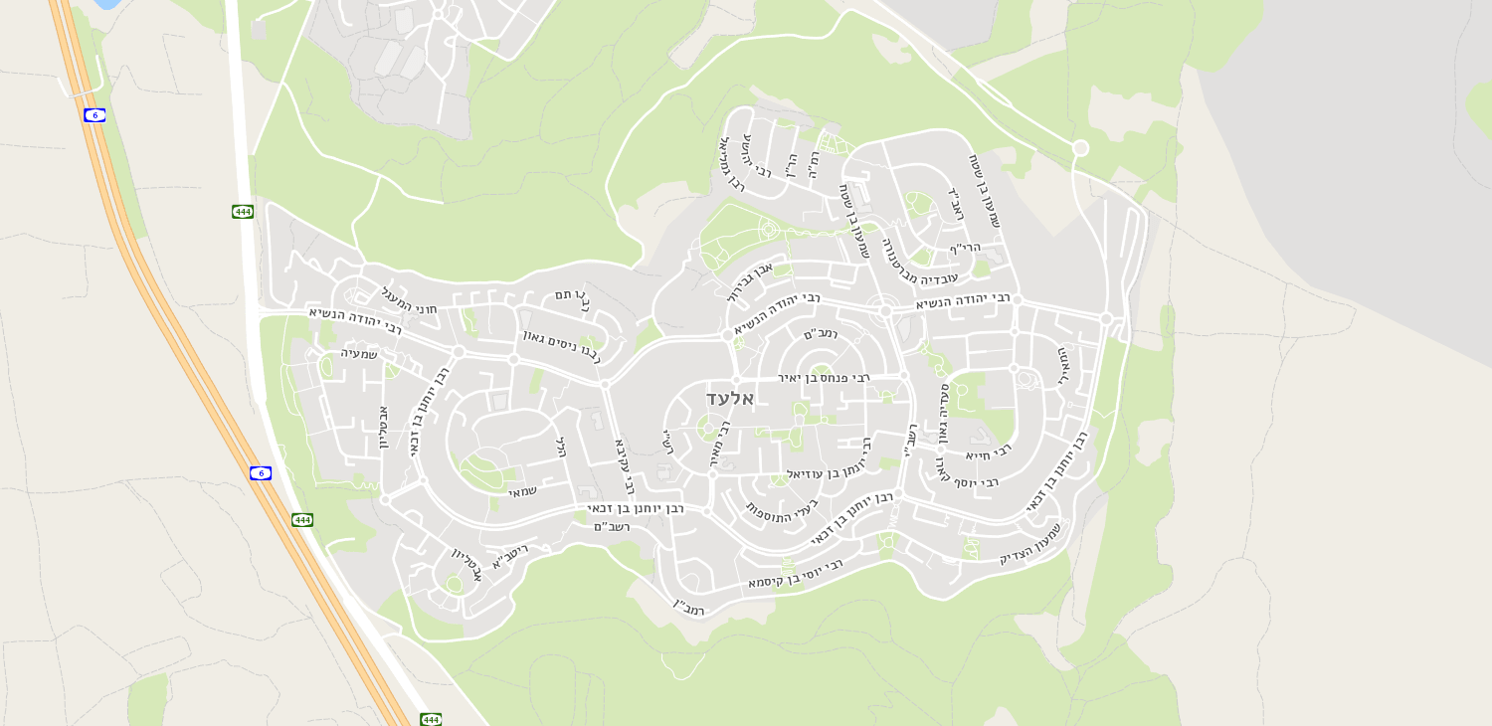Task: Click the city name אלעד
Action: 730,399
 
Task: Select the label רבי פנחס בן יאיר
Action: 824,378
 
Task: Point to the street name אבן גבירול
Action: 750,281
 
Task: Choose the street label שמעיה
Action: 359,353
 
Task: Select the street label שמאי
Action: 523,491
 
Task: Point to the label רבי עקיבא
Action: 625,466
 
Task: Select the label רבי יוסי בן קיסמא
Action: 796,574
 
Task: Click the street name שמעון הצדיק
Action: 1031,545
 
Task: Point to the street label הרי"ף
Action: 965,248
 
